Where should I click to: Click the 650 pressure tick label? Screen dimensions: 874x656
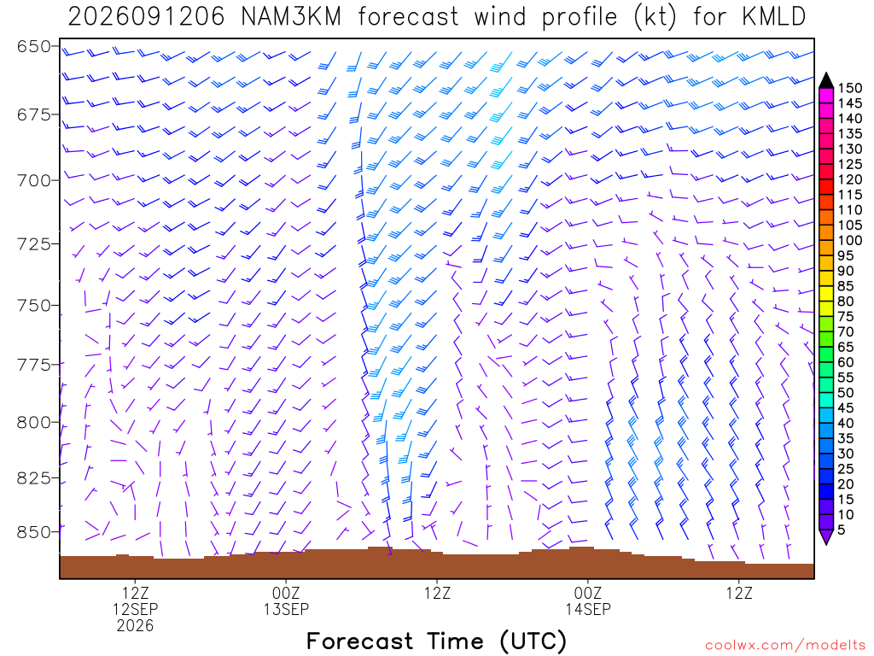click(x=34, y=46)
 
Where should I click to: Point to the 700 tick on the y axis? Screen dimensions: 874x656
click(x=34, y=180)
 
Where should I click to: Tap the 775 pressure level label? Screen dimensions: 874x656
click(x=34, y=365)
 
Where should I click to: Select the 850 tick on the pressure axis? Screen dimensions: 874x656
click(x=34, y=532)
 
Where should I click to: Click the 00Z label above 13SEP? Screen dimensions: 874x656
click(x=286, y=593)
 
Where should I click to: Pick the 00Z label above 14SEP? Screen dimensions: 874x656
click(x=588, y=593)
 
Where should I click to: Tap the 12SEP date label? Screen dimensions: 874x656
click(x=136, y=608)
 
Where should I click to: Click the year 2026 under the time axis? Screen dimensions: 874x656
click(x=136, y=625)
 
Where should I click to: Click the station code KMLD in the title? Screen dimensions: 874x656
click(x=774, y=17)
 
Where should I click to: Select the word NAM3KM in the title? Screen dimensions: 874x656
click(x=291, y=17)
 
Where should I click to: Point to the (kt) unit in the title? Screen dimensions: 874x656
click(x=655, y=17)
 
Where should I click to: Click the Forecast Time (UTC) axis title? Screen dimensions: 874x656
click(x=436, y=641)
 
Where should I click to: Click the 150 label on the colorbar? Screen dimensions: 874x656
click(x=848, y=88)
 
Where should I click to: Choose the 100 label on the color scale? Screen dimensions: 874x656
click(x=848, y=240)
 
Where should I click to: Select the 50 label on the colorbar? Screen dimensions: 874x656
click(x=846, y=393)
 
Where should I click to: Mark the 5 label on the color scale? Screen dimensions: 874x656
click(x=842, y=530)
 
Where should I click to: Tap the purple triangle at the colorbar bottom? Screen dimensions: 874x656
click(x=826, y=536)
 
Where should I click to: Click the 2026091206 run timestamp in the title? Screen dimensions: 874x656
click(x=146, y=17)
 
